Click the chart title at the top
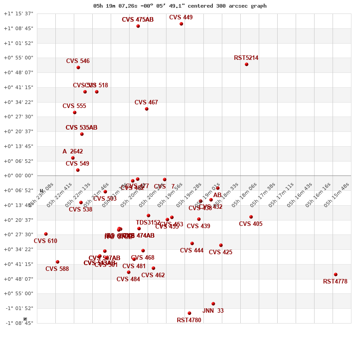click(x=180, y=6)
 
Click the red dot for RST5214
click(x=247, y=64)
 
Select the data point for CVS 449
click(x=181, y=24)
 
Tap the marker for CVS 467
click(x=147, y=109)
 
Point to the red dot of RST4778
click(x=336, y=274)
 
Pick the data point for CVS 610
click(x=46, y=234)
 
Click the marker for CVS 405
click(x=251, y=217)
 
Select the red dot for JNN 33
click(x=213, y=304)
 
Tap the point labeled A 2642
click(x=73, y=158)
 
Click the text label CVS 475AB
click(x=138, y=20)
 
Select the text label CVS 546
click(x=78, y=61)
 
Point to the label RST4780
click(x=189, y=320)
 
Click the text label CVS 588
click(x=57, y=269)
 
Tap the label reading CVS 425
click(x=220, y=252)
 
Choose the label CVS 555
click(x=74, y=106)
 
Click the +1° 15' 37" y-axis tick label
click(x=18, y=13)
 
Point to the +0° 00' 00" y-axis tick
click(x=18, y=175)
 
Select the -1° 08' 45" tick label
click(x=18, y=323)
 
